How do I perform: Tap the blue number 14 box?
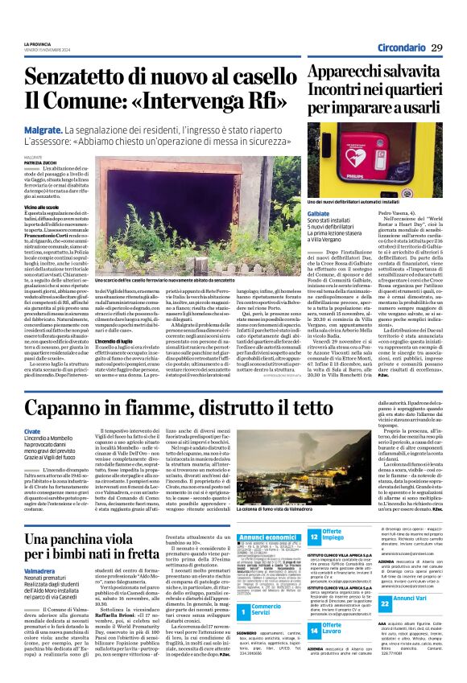tap(315, 630)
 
